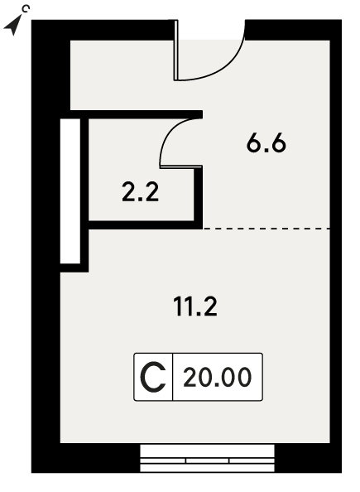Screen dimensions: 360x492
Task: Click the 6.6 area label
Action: point(266,144)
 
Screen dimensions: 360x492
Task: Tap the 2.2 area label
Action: point(141,192)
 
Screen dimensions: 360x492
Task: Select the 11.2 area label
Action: point(195,306)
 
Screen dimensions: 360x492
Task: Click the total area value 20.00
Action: point(218,377)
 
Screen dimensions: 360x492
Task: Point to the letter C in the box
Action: point(153,377)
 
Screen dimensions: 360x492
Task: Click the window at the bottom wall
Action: point(207,458)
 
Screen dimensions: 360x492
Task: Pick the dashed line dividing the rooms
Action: point(266,229)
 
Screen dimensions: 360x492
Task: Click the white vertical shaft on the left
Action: point(70,191)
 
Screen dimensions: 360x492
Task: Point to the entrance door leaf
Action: point(176,51)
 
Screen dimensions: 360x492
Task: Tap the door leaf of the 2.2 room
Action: point(181,166)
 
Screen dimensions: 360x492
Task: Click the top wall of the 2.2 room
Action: point(137,114)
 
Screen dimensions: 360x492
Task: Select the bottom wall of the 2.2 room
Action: point(146,224)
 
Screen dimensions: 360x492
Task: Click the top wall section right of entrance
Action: point(293,30)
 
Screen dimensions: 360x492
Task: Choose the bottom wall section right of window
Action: point(308,458)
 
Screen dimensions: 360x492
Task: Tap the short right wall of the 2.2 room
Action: point(199,195)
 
